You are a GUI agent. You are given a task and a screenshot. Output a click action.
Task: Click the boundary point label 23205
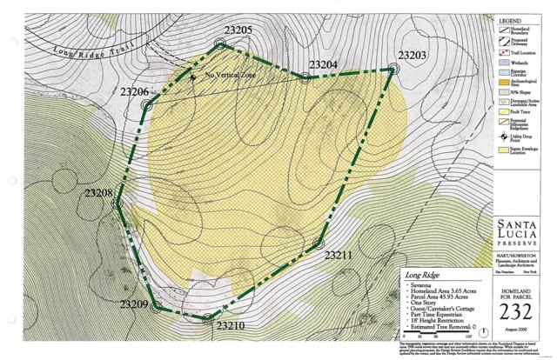(x=237, y=30)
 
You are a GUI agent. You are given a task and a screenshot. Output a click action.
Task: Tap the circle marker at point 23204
(x=305, y=77)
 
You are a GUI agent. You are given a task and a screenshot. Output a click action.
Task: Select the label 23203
(x=412, y=56)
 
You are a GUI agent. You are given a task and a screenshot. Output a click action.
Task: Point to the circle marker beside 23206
(x=147, y=105)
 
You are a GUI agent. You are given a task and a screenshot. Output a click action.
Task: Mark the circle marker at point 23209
(x=157, y=306)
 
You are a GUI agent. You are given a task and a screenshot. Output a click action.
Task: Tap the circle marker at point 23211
(x=319, y=243)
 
